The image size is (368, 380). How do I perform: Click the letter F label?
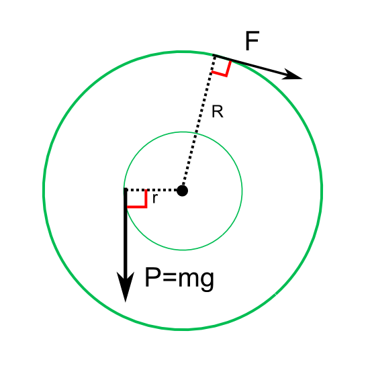[252, 41]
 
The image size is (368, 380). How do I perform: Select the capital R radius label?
[217, 111]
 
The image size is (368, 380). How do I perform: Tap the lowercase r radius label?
[154, 199]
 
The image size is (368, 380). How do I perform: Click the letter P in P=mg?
[153, 277]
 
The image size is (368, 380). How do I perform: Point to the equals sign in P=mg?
[170, 278]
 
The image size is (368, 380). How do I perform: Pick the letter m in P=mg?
[189, 279]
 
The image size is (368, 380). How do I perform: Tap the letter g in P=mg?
[208, 281]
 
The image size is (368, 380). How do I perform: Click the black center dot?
[182, 191]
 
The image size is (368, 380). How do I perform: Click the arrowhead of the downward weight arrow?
[126, 287]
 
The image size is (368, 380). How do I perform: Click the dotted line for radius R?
[198, 123]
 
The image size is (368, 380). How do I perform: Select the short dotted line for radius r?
[150, 190]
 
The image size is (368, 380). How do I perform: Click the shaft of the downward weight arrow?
[126, 230]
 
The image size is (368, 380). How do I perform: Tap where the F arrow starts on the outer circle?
[214, 56]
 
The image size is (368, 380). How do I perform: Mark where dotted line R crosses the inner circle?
[197, 133]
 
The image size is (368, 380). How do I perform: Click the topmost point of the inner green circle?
[183, 132]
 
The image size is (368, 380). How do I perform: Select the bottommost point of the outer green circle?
[183, 329]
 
